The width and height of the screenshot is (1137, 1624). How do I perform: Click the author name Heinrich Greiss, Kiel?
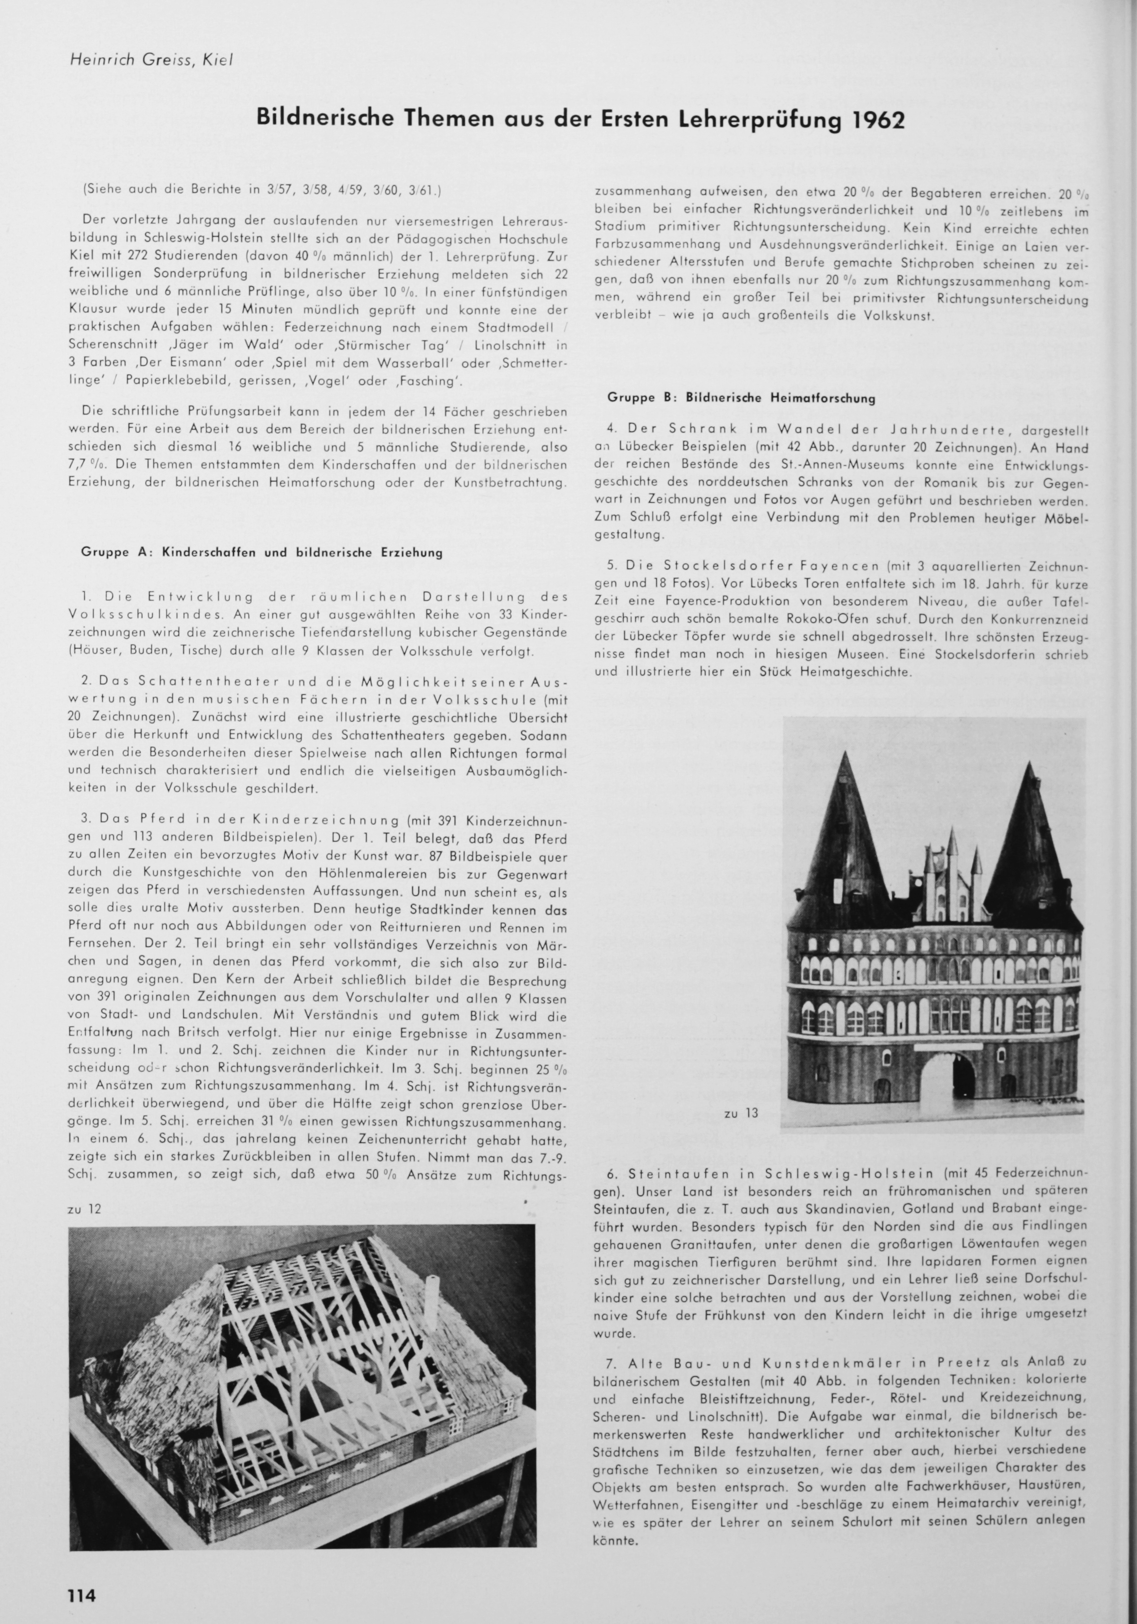pyautogui.click(x=151, y=61)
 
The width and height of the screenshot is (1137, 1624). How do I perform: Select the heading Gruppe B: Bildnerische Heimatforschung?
pyautogui.click(x=741, y=398)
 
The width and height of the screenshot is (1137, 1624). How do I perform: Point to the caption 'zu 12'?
pyautogui.click(x=84, y=1209)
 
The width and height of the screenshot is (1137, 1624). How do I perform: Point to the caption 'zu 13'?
pyautogui.click(x=741, y=1112)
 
